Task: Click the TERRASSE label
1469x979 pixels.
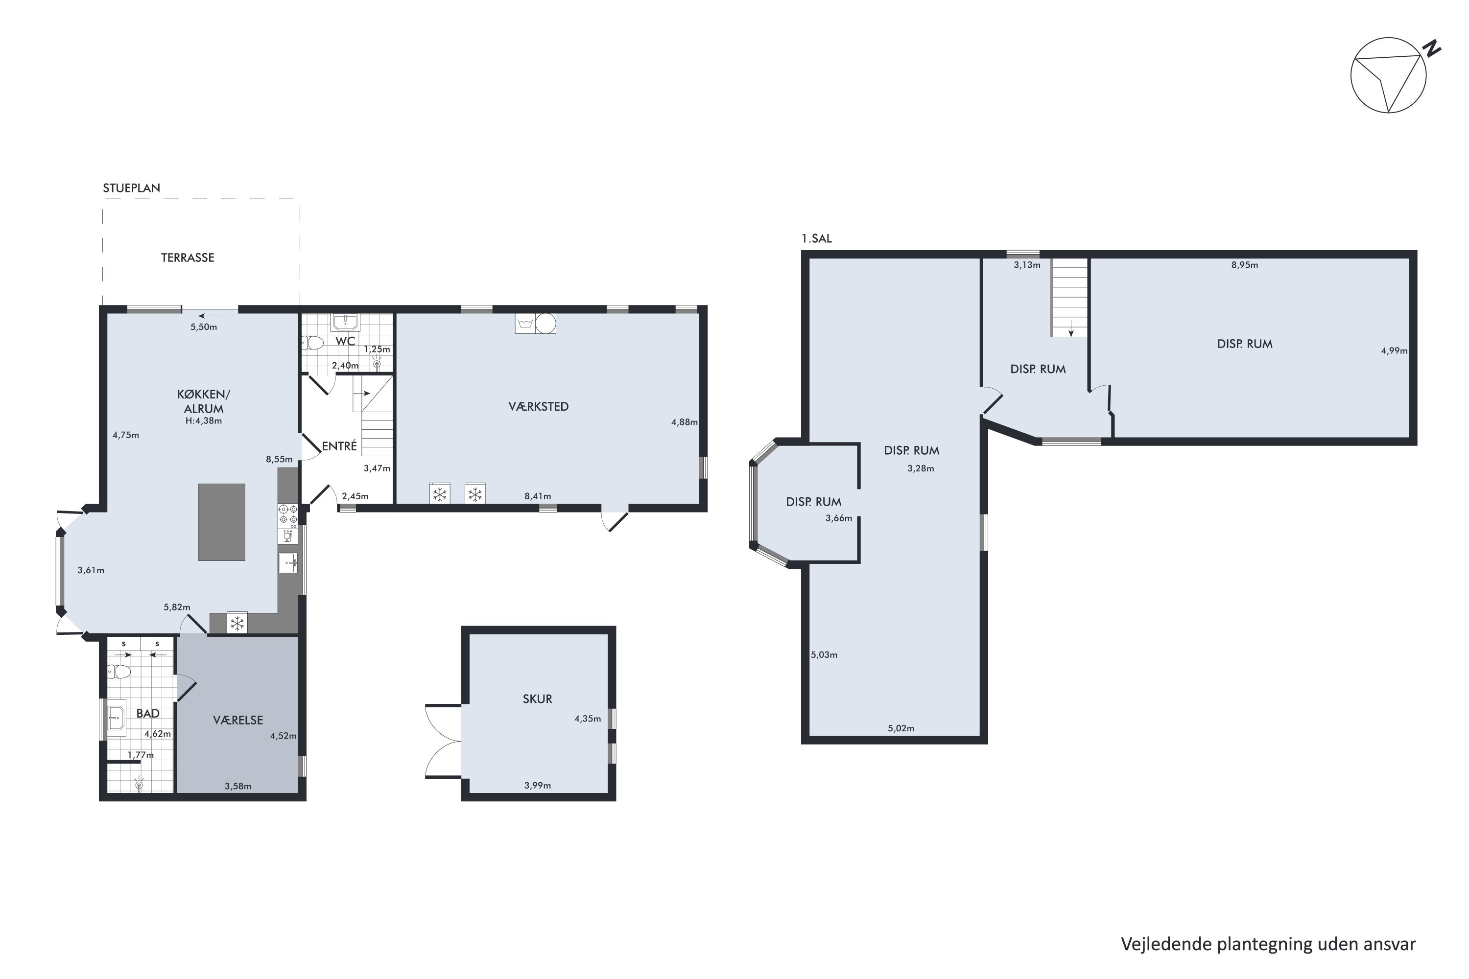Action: (x=188, y=257)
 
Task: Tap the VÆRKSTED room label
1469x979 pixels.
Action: (x=538, y=406)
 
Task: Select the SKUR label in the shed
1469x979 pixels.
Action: (x=537, y=699)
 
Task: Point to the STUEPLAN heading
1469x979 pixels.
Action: (x=131, y=188)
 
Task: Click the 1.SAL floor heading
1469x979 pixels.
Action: (x=816, y=238)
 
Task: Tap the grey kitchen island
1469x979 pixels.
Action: (x=222, y=522)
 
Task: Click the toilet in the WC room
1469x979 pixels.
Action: (x=313, y=342)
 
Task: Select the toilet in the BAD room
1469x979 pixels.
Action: (x=119, y=672)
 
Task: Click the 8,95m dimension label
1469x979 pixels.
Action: (x=1244, y=265)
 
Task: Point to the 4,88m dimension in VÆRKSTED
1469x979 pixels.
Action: (x=684, y=422)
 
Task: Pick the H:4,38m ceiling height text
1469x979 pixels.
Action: (x=204, y=421)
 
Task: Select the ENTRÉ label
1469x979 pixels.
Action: (x=339, y=446)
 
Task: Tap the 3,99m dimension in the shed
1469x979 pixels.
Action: (x=537, y=786)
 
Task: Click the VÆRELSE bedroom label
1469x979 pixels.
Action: (x=237, y=721)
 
